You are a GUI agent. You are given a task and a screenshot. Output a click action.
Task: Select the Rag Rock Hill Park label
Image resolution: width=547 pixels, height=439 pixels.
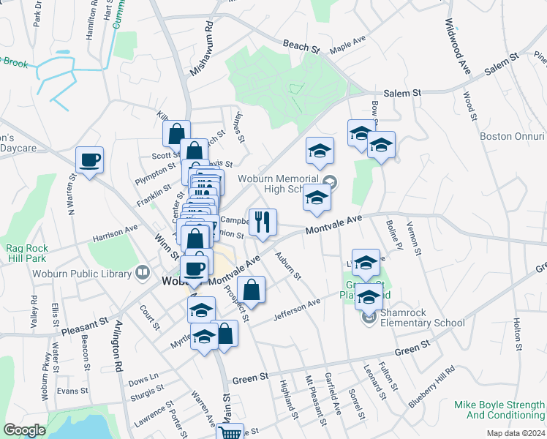26,253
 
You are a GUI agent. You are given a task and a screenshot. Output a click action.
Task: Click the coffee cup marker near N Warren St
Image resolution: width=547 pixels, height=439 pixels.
90,160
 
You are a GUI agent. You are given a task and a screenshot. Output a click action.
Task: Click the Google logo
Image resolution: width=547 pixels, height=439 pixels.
25,430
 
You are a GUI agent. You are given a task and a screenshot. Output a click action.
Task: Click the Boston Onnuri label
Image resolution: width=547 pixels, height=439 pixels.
512,136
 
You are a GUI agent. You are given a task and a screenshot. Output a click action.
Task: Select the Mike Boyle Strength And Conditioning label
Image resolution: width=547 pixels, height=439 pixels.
499,410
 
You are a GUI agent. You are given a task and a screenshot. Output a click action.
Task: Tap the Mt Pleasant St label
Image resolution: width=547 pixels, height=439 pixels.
315,400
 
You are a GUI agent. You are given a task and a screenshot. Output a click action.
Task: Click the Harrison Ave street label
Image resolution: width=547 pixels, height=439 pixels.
116,233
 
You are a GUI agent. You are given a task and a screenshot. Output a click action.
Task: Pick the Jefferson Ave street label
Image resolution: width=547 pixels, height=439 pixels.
297,310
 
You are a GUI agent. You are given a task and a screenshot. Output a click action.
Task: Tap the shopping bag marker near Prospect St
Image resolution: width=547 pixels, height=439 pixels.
251,289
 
